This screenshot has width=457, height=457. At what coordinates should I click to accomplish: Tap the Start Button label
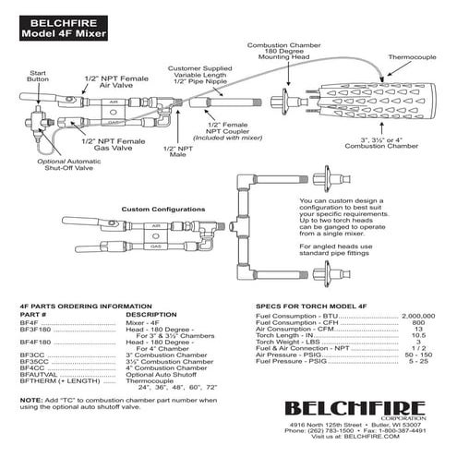click(x=38, y=76)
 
